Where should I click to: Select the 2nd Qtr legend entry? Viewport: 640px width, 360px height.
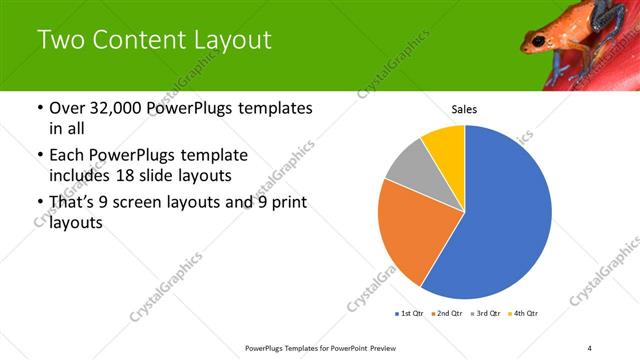click(445, 314)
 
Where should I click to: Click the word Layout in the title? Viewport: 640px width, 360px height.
click(231, 40)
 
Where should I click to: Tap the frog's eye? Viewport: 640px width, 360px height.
click(539, 41)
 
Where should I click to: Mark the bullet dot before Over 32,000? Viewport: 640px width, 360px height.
click(39, 108)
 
